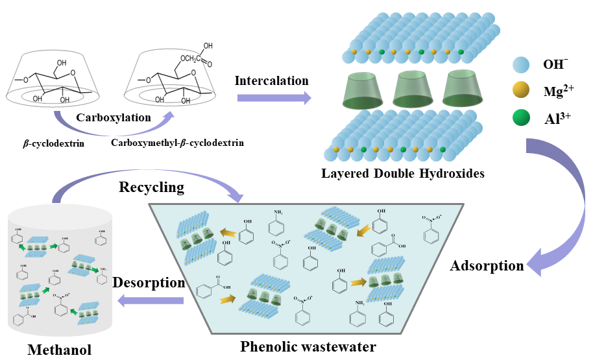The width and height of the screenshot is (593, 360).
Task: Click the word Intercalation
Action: pos(272,81)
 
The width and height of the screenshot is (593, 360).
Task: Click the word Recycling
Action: pos(151,187)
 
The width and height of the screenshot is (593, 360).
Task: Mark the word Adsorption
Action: pos(487,266)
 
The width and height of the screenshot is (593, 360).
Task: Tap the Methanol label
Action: pos(59,350)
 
